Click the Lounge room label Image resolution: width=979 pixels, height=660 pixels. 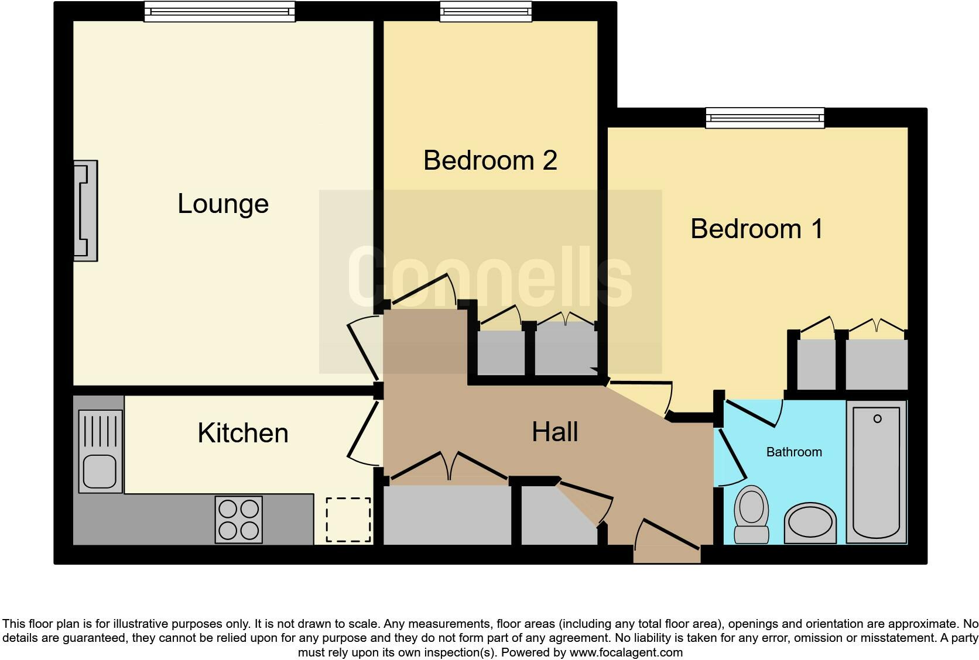point(223,204)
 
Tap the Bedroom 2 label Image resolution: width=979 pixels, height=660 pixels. point(489,160)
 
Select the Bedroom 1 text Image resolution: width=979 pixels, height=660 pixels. point(756,228)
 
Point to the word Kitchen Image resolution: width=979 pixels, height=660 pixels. point(243,433)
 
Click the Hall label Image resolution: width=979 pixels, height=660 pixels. point(554,432)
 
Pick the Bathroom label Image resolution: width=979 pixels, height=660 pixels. point(794,452)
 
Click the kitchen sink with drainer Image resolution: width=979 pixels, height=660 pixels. point(100,451)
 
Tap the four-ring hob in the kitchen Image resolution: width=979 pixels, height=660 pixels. point(238,520)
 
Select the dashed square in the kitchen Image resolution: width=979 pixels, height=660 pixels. point(348,520)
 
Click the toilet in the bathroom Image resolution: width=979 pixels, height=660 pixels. point(751,514)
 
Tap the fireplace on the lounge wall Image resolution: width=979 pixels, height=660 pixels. point(85,211)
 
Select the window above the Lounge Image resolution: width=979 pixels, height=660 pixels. point(220,12)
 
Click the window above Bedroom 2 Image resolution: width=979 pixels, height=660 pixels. point(486,12)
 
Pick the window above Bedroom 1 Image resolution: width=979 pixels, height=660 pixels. point(765,118)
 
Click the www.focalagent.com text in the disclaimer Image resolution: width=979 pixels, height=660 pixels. point(626,652)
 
